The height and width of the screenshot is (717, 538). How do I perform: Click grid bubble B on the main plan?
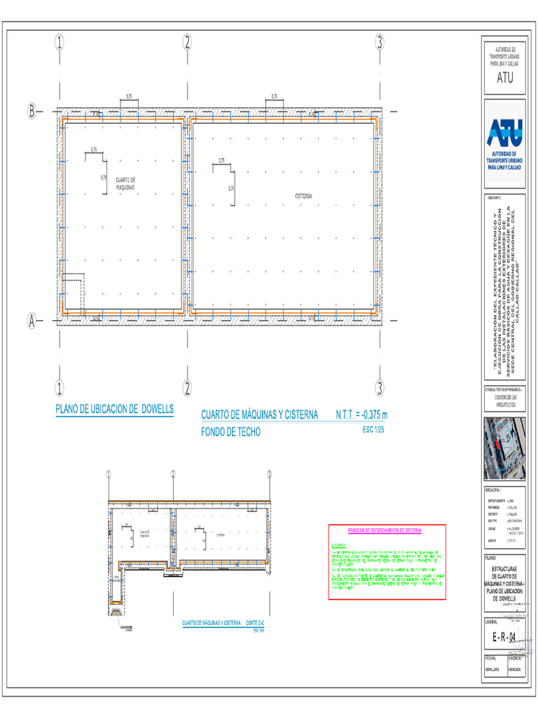click(32, 111)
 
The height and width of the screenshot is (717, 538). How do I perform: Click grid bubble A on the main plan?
click(32, 321)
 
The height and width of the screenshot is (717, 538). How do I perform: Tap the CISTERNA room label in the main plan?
click(303, 196)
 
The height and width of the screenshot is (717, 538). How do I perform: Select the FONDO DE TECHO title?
click(230, 433)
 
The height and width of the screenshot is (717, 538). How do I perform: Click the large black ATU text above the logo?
click(504, 78)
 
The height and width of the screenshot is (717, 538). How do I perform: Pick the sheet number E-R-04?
click(504, 636)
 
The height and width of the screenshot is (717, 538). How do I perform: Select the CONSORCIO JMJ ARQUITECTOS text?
click(504, 401)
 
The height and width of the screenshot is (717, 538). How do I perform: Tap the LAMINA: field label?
click(491, 621)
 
